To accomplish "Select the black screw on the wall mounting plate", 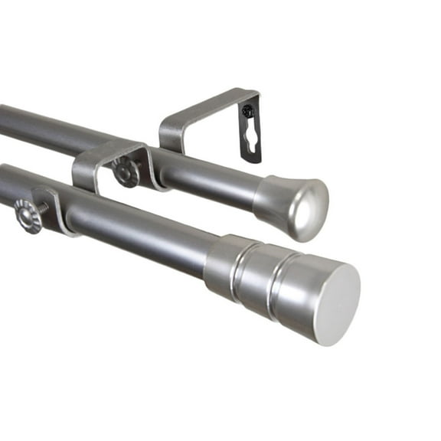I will [247, 111].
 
